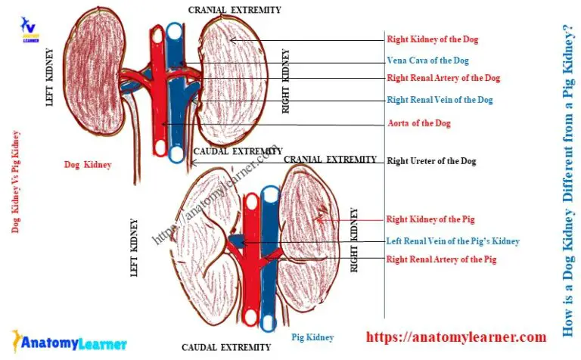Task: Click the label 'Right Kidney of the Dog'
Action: [432, 39]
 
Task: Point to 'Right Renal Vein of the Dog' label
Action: [440, 100]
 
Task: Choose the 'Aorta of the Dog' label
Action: [419, 123]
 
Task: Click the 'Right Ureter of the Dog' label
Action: [431, 161]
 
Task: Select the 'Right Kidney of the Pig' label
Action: [430, 219]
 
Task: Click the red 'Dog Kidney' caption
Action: [88, 164]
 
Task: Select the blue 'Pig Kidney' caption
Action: [312, 337]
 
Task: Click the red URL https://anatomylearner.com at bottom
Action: [456, 337]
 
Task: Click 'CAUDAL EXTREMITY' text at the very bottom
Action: [226, 348]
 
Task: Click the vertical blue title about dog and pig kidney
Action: [567, 180]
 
